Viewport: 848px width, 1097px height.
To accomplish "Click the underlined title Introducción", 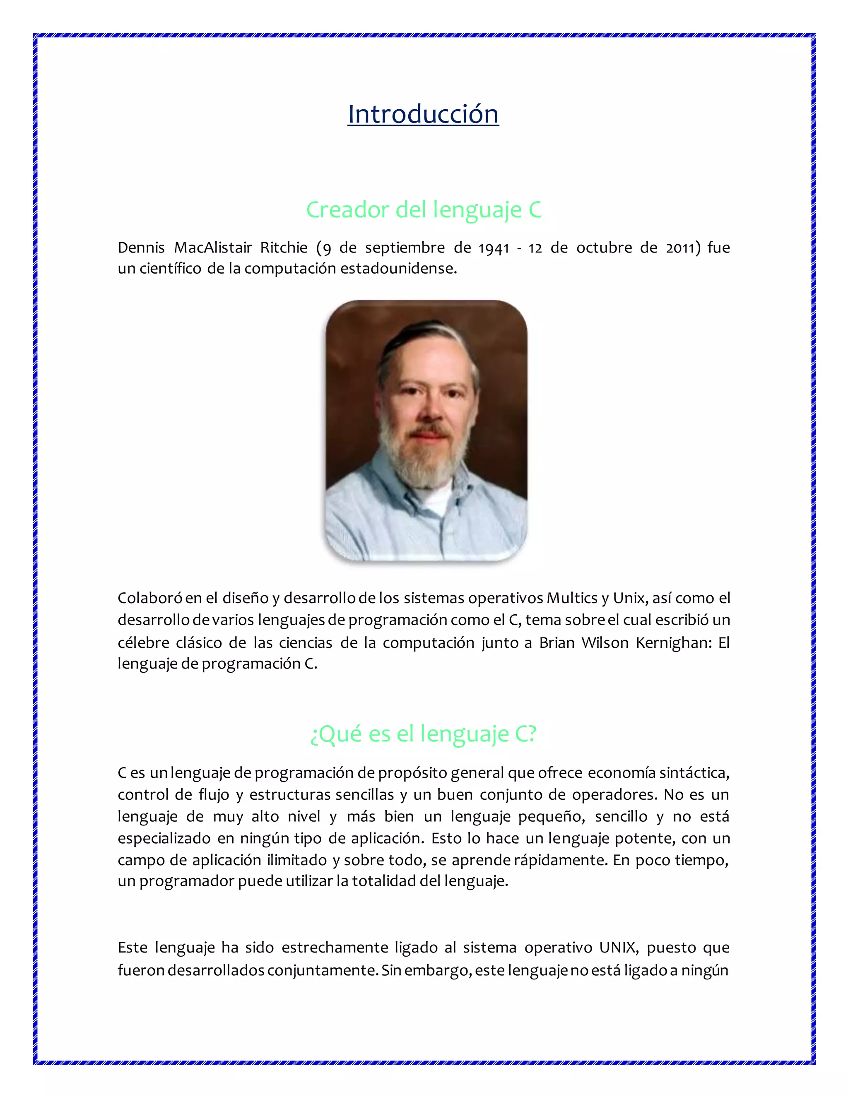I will [423, 114].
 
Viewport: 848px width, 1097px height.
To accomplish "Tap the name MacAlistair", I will [213, 247].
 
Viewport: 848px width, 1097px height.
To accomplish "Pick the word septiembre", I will [405, 248].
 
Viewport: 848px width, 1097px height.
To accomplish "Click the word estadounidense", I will [398, 268].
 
